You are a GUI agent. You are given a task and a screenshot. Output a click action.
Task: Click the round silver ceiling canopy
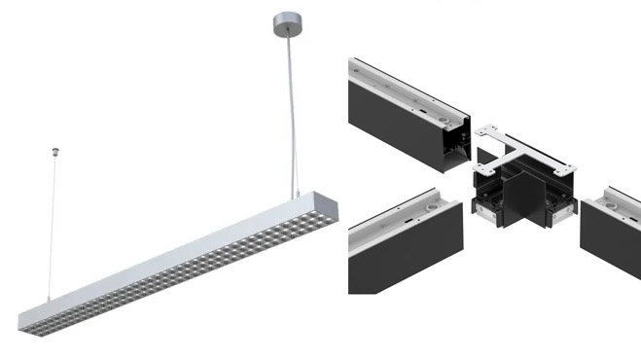[x=284, y=20]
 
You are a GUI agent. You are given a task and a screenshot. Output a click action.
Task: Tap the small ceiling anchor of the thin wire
[x=54, y=152]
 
